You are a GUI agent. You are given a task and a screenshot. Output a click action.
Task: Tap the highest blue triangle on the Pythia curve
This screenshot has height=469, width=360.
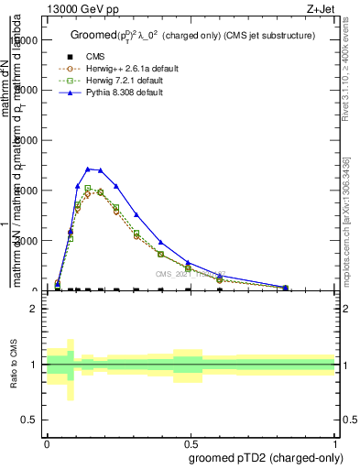tap(88, 169)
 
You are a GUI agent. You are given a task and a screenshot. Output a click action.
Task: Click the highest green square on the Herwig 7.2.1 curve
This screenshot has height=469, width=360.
tap(88, 189)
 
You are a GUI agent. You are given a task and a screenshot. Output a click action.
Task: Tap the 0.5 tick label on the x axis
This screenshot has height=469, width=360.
tap(191, 443)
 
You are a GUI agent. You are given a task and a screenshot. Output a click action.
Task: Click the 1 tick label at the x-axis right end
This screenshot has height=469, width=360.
tap(334, 443)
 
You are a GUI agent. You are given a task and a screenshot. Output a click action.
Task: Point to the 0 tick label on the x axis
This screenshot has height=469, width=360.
tap(47, 443)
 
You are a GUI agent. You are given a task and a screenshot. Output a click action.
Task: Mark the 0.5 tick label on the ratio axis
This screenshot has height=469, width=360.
tap(29, 420)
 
